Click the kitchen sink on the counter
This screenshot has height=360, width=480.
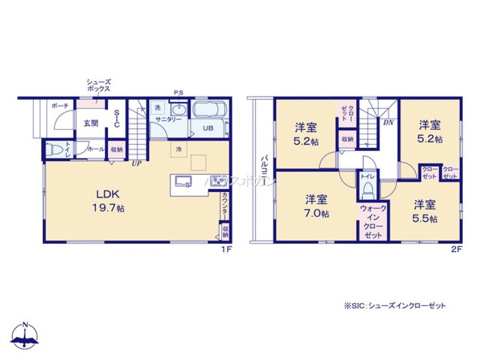tap(183, 181)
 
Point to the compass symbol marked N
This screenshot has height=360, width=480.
tap(25, 334)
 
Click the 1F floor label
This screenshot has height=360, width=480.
tap(226, 249)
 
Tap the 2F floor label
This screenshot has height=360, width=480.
tap(456, 249)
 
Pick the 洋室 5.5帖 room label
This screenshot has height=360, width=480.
tap(425, 211)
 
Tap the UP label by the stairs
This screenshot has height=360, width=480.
tap(137, 163)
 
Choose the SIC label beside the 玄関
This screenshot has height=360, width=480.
tap(117, 119)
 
